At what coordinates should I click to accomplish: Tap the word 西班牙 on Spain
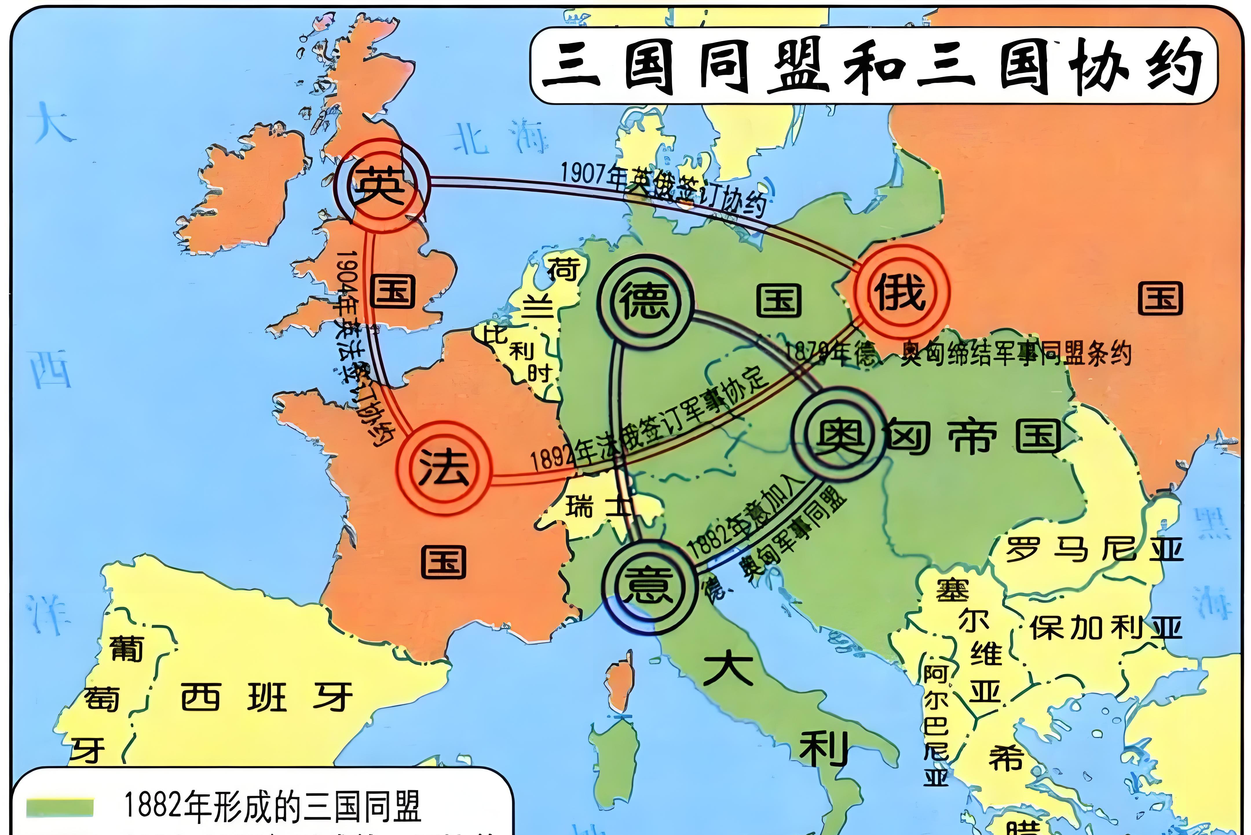point(266,697)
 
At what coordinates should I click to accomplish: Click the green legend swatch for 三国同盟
point(60,807)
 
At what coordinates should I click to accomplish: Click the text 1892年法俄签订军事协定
point(650,421)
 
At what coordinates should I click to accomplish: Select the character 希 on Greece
point(1006,757)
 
